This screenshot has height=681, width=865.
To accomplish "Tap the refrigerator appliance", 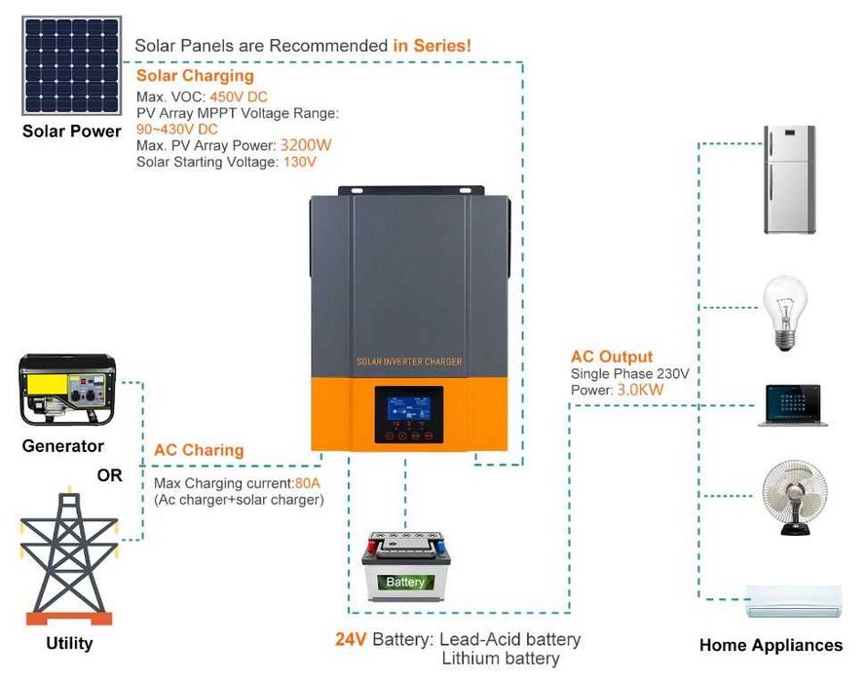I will point(788,179).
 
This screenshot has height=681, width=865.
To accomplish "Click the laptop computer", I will point(792,405).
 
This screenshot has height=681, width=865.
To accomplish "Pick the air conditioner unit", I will point(793,600).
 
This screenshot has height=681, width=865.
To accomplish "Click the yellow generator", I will point(67,390).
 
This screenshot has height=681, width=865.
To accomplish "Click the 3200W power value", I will point(306,145).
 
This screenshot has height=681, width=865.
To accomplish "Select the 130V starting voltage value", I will point(299,162).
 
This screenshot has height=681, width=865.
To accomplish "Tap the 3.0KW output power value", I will point(640,390).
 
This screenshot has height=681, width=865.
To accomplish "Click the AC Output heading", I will point(612,357).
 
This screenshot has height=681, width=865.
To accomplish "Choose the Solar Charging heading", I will point(195,76).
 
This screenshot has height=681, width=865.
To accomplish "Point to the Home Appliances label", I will point(771,645).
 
